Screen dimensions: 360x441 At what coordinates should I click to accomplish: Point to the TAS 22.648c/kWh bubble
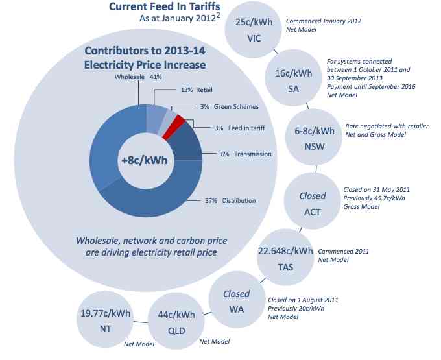(285, 258)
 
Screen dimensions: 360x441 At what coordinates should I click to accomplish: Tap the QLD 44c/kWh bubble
(176, 321)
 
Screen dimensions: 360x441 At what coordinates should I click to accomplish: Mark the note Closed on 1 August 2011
(303, 300)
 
